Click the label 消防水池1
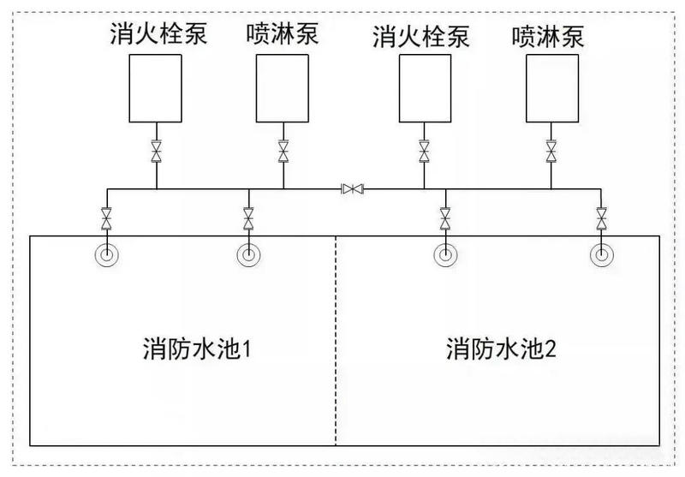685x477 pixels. tap(199, 349)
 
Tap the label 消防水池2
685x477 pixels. tap(503, 349)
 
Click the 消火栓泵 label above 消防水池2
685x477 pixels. tap(424, 36)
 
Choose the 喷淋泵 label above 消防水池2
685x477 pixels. tap(551, 36)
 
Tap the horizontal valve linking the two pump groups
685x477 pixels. tap(352, 188)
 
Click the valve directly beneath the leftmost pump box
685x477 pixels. tap(156, 152)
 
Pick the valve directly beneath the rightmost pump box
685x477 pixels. tap(551, 152)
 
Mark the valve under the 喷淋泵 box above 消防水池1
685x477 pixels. tap(283, 152)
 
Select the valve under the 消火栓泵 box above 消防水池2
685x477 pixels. tap(424, 152)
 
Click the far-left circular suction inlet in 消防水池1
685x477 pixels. tap(106, 254)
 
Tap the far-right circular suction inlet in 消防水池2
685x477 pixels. tap(602, 254)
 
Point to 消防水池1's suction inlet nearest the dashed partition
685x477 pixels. tap(248, 254)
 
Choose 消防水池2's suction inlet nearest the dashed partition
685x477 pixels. tap(444, 254)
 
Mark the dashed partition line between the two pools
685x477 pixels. tap(336, 343)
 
